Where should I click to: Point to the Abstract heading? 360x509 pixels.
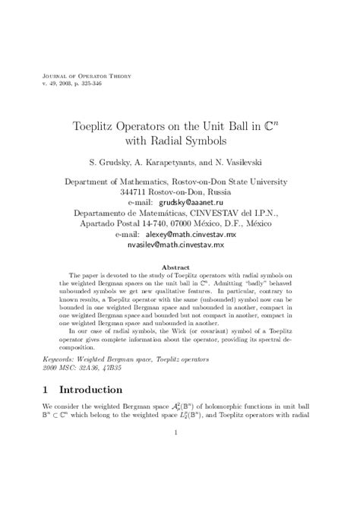pos(180,267)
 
